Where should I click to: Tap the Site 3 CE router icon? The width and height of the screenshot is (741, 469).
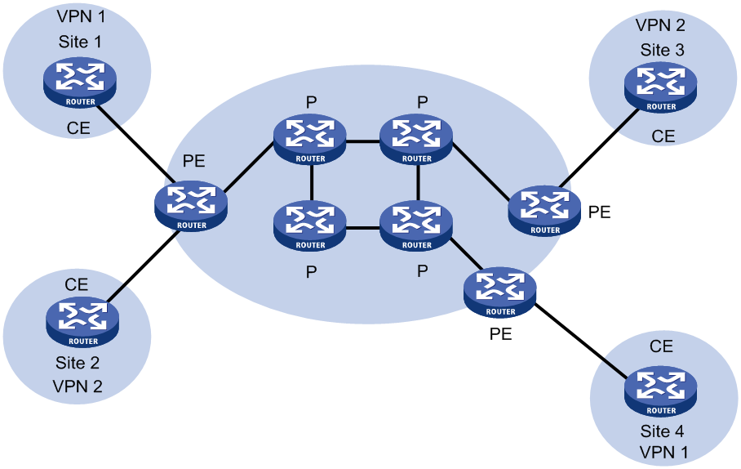pyautogui.click(x=661, y=88)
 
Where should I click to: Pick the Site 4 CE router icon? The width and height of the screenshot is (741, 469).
pyautogui.click(x=661, y=392)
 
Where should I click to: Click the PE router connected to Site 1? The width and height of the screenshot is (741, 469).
pyautogui.click(x=191, y=207)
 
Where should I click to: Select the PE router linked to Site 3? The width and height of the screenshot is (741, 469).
pyautogui.click(x=544, y=211)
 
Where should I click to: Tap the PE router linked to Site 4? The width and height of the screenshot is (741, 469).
pyautogui.click(x=500, y=293)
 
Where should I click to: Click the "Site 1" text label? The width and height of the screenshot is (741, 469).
pyautogui.click(x=80, y=42)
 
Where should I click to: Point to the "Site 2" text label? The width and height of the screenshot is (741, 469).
pyautogui.click(x=78, y=363)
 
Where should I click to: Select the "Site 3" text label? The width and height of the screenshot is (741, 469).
pyautogui.click(x=662, y=50)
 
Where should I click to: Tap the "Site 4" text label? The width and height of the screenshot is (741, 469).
pyautogui.click(x=662, y=431)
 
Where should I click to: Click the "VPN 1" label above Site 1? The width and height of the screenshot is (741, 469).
pyautogui.click(x=81, y=16)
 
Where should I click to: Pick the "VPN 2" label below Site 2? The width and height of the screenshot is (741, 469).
pyautogui.click(x=78, y=386)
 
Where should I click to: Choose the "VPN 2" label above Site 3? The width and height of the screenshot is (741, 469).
pyautogui.click(x=660, y=25)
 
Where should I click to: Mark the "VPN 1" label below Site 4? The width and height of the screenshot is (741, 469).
pyautogui.click(x=663, y=453)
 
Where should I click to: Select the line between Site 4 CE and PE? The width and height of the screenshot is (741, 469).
pyautogui.click(x=581, y=341)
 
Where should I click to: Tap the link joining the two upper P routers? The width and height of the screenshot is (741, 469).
pyautogui.click(x=363, y=141)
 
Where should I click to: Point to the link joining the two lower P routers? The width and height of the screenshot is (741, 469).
pyautogui.click(x=363, y=228)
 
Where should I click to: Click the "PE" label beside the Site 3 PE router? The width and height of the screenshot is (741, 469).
pyautogui.click(x=599, y=212)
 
